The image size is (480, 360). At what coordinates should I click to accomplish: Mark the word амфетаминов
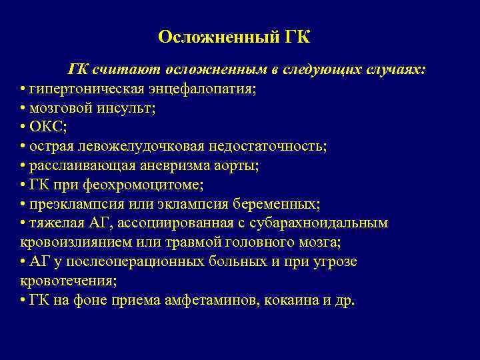(209, 299)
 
